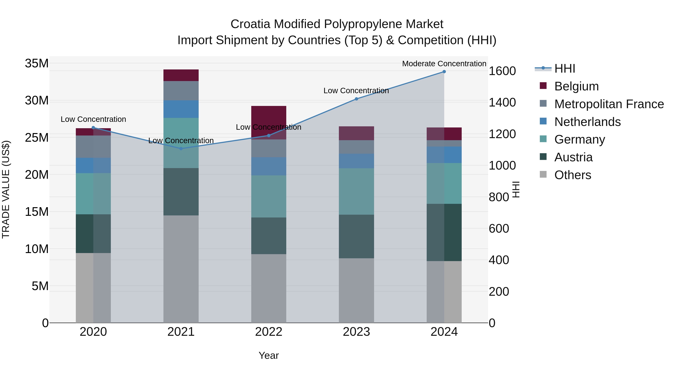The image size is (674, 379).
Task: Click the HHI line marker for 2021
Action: coord(181,149)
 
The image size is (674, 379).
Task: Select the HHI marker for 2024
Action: coord(444,72)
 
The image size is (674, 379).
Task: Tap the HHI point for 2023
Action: coord(356,99)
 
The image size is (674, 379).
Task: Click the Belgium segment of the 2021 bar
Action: coord(181,75)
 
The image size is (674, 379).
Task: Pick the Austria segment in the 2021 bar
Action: coord(181,192)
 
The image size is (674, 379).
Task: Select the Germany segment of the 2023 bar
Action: coord(356,191)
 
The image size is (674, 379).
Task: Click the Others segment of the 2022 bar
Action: coord(269,288)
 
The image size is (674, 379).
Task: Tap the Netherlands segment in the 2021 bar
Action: coord(181,109)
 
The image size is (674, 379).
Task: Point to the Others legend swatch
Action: coord(543,174)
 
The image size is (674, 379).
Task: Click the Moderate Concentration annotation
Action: coord(444,64)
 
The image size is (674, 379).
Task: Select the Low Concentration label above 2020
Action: coord(93,119)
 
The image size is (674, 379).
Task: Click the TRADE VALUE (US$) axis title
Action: coord(6,189)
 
